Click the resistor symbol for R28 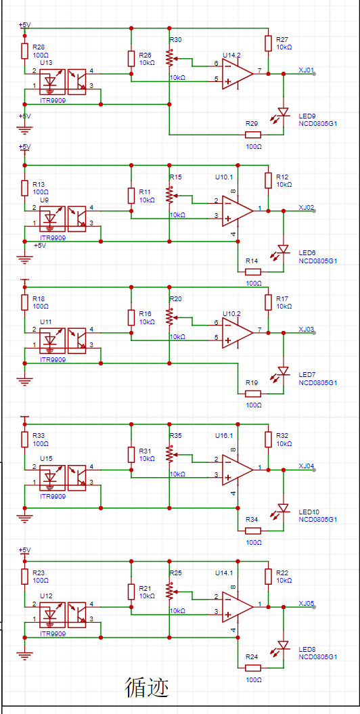coord(25,51)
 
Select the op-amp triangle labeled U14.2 coord(237,74)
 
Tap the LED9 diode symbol coord(284,112)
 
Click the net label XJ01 coord(307,70)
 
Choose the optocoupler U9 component coord(62,217)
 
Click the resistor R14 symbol coord(252,272)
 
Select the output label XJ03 coord(307,329)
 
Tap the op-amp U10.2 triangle coord(237,332)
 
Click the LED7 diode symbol coord(284,371)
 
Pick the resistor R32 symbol coord(268,438)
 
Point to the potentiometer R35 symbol coord(170,453)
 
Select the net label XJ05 coord(307,603)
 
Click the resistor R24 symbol coord(252,668)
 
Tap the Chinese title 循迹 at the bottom coord(147,687)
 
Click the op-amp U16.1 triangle coord(237,470)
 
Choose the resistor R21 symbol coord(131,591)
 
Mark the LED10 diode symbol coord(284,508)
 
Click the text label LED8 coord(306,649)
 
